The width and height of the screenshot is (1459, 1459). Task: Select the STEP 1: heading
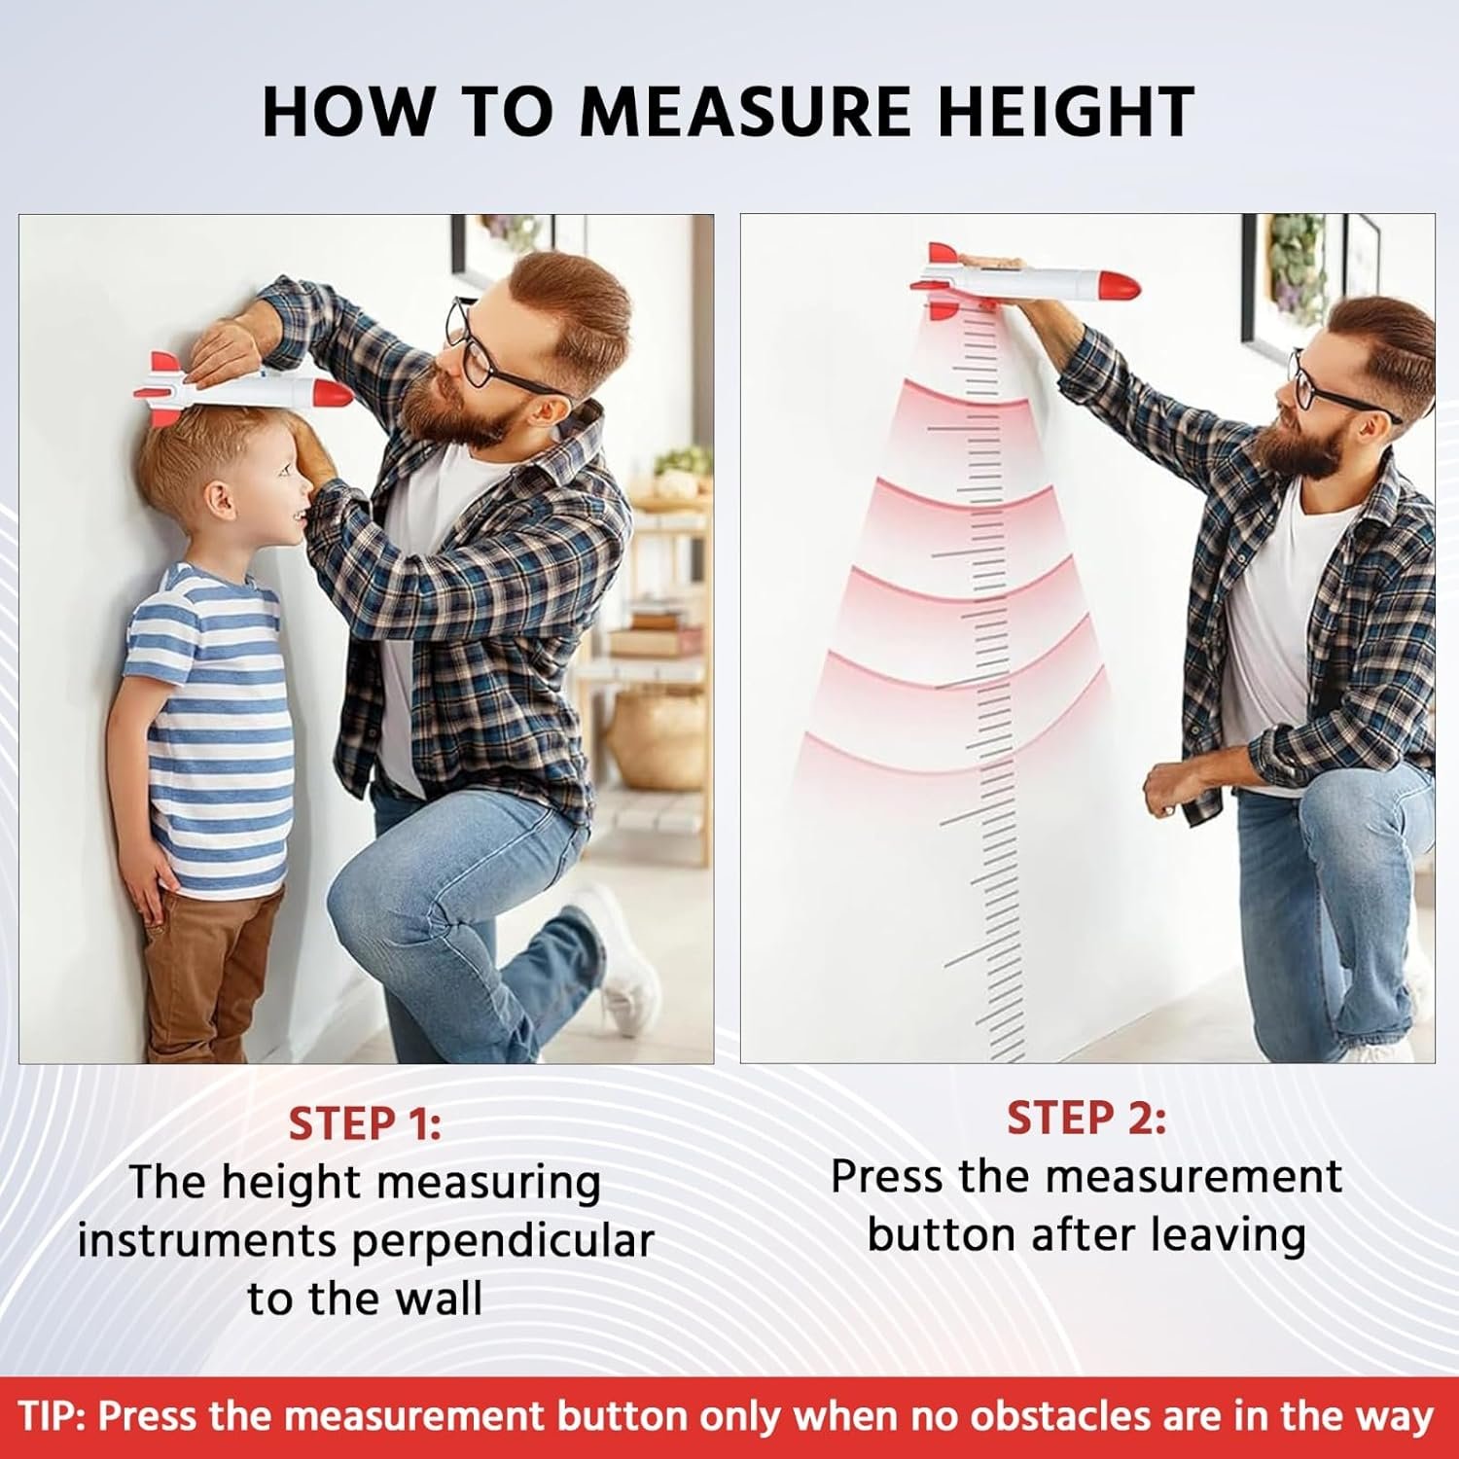click(365, 1123)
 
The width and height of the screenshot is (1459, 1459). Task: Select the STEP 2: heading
click(1085, 1119)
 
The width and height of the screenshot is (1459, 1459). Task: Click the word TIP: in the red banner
click(54, 1416)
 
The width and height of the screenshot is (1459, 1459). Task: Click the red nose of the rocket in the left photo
click(332, 393)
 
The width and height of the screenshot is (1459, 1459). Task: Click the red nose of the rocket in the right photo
click(1119, 286)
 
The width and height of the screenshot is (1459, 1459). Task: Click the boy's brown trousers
click(209, 973)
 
